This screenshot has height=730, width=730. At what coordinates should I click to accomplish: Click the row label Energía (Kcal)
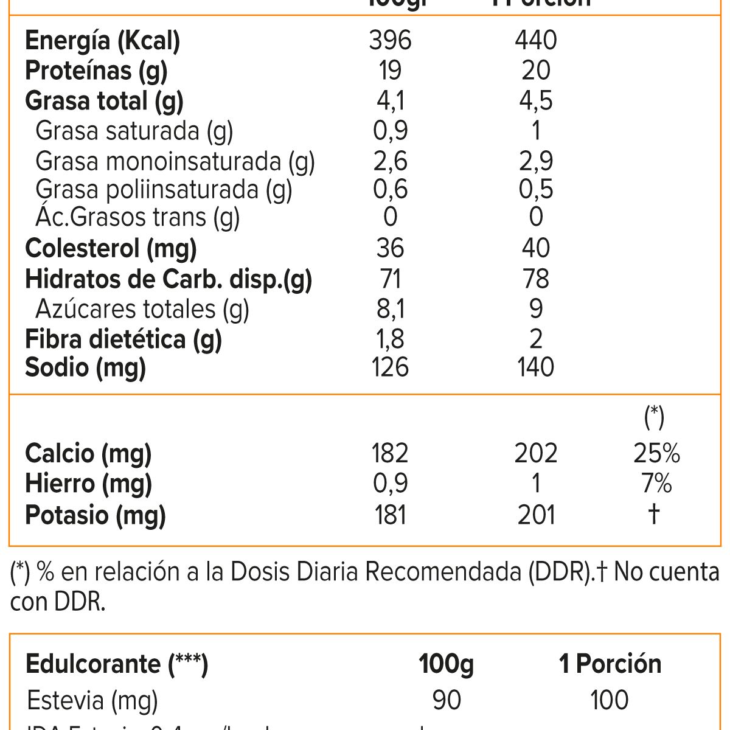click(x=102, y=41)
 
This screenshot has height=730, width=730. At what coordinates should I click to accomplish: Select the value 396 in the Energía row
click(x=390, y=41)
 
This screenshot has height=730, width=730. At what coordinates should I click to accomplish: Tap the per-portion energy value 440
click(x=535, y=41)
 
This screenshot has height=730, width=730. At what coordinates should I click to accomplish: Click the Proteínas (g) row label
click(x=96, y=71)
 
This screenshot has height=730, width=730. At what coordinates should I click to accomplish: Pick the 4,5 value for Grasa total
click(x=535, y=101)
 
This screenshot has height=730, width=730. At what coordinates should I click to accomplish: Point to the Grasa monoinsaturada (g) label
click(x=175, y=161)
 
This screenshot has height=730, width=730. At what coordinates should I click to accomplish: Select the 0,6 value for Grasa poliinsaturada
click(x=390, y=189)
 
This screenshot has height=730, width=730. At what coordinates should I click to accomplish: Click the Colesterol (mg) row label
click(x=111, y=248)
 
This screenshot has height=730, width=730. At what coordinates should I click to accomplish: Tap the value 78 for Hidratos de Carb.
click(x=535, y=279)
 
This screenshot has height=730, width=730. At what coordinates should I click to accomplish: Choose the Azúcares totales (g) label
click(x=142, y=309)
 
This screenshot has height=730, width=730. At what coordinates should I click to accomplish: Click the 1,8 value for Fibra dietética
click(x=390, y=339)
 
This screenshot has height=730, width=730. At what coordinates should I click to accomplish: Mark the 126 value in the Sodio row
click(x=390, y=367)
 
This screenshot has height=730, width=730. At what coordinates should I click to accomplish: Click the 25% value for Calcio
click(x=656, y=453)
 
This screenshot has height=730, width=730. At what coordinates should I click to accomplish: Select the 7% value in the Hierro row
click(x=656, y=484)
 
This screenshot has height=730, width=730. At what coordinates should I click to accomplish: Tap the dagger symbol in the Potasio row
click(x=654, y=514)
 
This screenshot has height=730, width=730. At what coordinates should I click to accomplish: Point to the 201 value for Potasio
click(x=535, y=515)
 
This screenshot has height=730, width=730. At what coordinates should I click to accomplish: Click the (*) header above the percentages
click(x=654, y=417)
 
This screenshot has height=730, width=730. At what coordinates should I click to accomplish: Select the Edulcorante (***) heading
click(x=117, y=664)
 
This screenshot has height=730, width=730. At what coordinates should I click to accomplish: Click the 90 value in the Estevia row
click(x=447, y=700)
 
